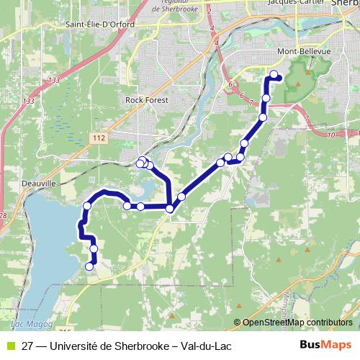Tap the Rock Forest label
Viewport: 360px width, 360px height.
tap(145, 100)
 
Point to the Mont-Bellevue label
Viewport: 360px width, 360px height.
tap(303, 53)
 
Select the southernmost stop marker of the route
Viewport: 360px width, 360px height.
tap(90, 266)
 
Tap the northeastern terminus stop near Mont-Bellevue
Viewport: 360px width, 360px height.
tap(274, 73)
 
